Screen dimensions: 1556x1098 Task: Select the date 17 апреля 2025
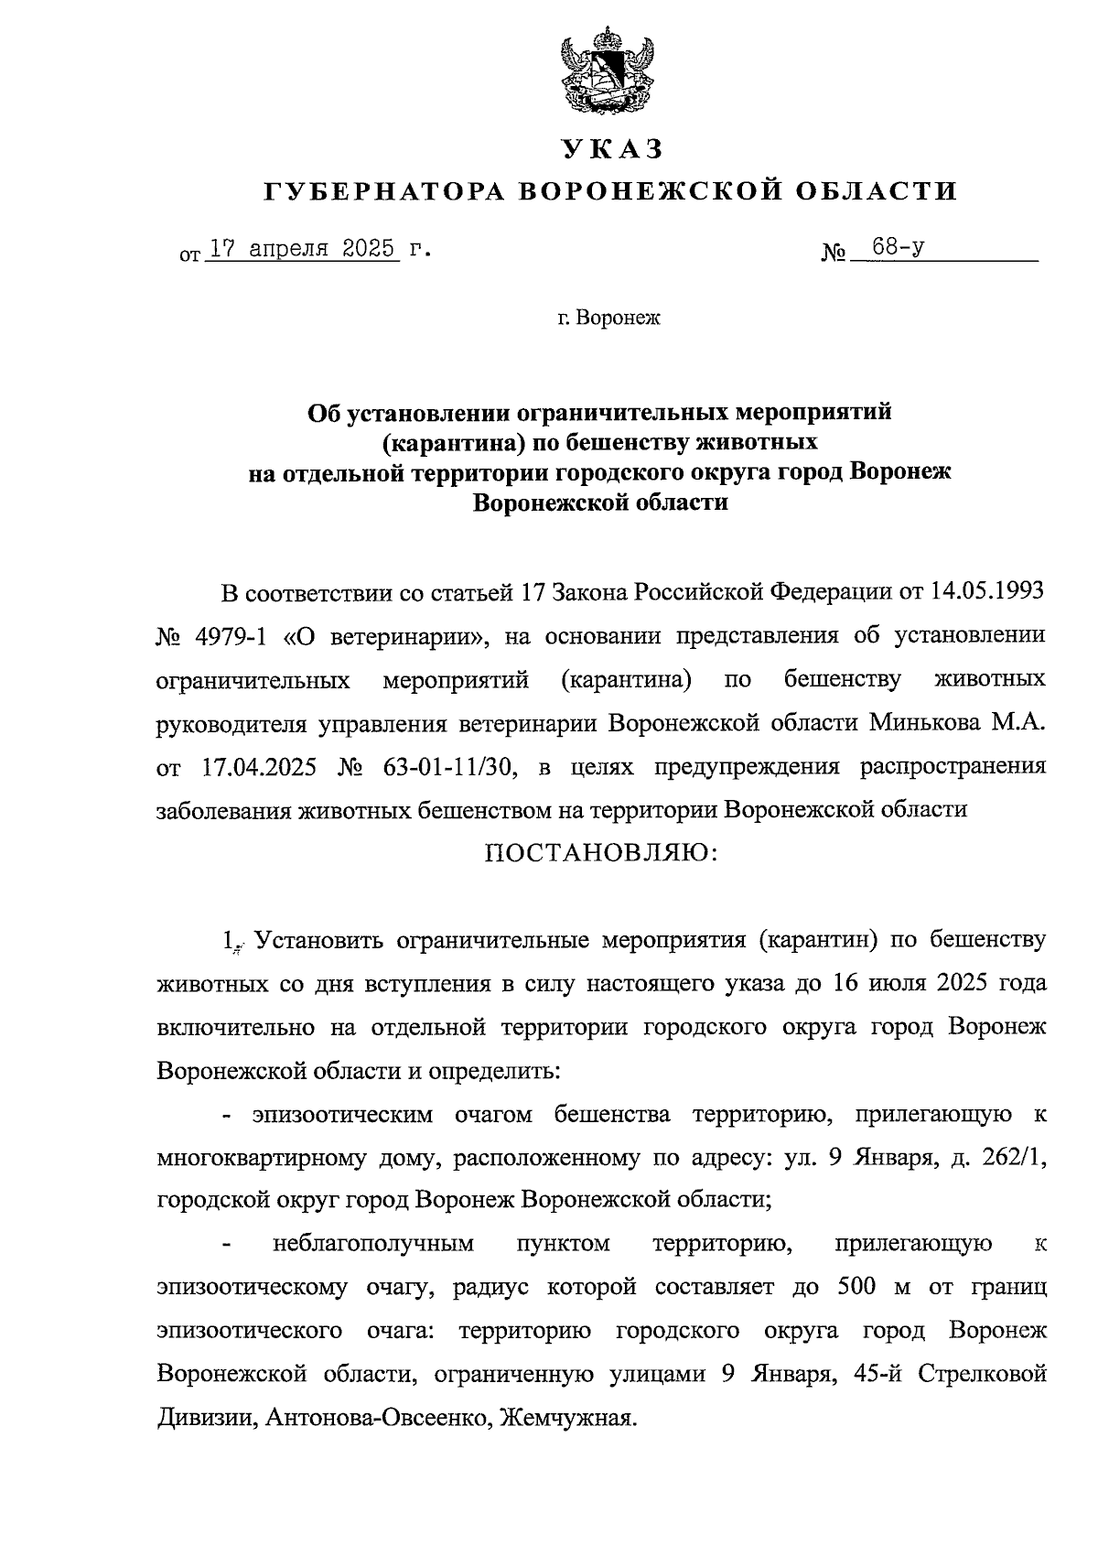[x=303, y=249]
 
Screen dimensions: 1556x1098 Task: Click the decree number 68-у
[x=897, y=247]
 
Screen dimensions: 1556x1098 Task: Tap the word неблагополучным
[x=374, y=1245]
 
